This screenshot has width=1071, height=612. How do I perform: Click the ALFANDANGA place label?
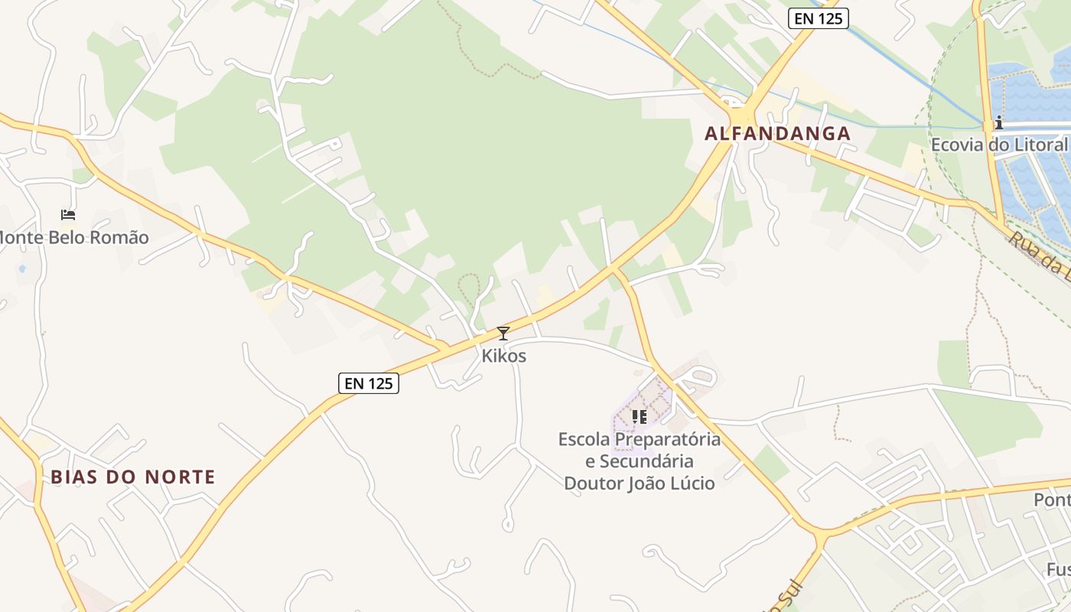[x=777, y=134]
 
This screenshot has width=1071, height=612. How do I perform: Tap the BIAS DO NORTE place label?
[x=133, y=477]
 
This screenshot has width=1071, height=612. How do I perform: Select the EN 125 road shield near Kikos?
[x=369, y=383]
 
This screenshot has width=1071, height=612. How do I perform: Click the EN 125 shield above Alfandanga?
[x=819, y=18]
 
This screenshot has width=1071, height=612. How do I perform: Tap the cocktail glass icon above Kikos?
[x=503, y=334]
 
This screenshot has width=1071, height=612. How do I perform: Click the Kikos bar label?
[x=503, y=356]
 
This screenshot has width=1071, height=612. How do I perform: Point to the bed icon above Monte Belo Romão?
[x=68, y=215]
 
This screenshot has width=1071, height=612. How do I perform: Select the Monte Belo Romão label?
[x=74, y=238]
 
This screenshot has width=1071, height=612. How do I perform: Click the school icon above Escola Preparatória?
[x=640, y=417]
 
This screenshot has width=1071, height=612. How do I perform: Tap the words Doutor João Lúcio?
[x=640, y=483]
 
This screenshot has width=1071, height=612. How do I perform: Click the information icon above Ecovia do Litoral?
[x=998, y=122]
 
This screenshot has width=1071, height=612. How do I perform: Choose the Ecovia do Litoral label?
[x=998, y=145]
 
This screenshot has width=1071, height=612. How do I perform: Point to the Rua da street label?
[x=1039, y=252]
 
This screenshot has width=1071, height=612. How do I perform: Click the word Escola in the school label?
[x=584, y=440]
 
